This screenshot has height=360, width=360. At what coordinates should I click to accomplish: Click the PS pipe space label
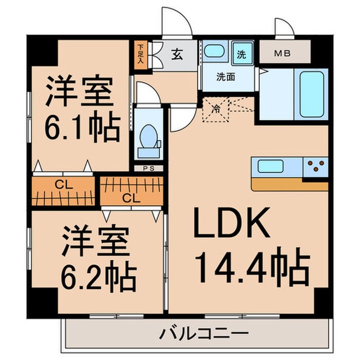[x=146, y=168]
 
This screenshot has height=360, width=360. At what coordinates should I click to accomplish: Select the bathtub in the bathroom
[x=312, y=91]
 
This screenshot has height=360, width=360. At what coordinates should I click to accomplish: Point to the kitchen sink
[x=270, y=167]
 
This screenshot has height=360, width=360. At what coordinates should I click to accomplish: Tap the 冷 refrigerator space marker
[x=216, y=109]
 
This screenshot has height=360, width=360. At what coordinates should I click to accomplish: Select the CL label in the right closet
[x=131, y=197]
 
